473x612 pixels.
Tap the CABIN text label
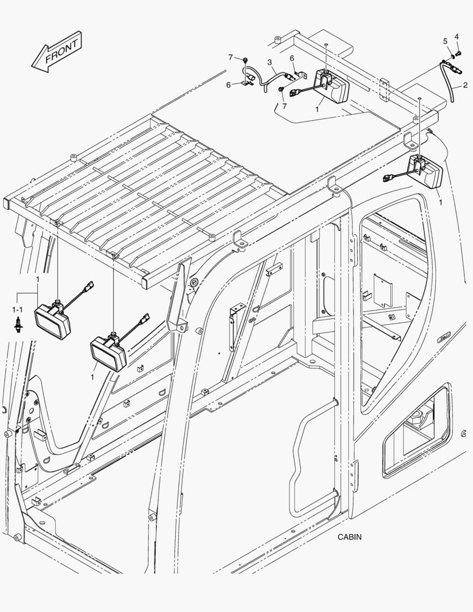click(350, 537)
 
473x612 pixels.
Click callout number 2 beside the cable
click(465, 86)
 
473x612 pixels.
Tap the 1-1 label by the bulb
click(18, 310)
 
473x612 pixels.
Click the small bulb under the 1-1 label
click(18, 325)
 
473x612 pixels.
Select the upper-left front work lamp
click(53, 317)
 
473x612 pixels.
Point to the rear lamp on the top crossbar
click(331, 86)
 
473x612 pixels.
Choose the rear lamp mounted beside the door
click(426, 172)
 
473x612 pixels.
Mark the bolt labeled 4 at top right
click(458, 53)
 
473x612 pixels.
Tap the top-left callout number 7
click(231, 57)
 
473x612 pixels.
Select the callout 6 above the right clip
click(292, 58)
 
